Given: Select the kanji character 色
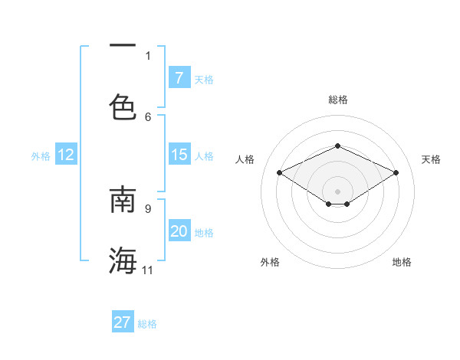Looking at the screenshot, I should point(123,106).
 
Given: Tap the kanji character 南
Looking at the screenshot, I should point(123,198).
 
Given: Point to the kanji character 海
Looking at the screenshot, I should point(123,260).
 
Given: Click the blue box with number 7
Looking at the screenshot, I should point(179,77).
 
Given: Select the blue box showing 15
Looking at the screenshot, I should point(179,155).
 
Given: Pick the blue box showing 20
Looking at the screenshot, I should point(179,231).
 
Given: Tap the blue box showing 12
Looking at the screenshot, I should point(66,155).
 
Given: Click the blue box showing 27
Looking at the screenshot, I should point(123,322).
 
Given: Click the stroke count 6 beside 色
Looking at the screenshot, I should point(148,116).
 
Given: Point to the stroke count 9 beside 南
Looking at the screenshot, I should point(148,208).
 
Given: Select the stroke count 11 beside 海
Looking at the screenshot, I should point(148,270).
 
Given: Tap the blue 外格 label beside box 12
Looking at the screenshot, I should point(41,155).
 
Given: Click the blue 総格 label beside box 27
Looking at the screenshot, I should point(147,323).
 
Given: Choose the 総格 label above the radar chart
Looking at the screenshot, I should point(337,100).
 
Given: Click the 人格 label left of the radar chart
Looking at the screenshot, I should point(245,159).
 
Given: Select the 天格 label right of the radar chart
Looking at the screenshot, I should point(431,159).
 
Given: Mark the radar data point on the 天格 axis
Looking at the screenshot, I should point(396,173).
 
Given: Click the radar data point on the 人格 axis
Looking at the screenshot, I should point(280,173).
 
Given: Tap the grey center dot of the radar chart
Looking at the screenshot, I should point(337,191).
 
